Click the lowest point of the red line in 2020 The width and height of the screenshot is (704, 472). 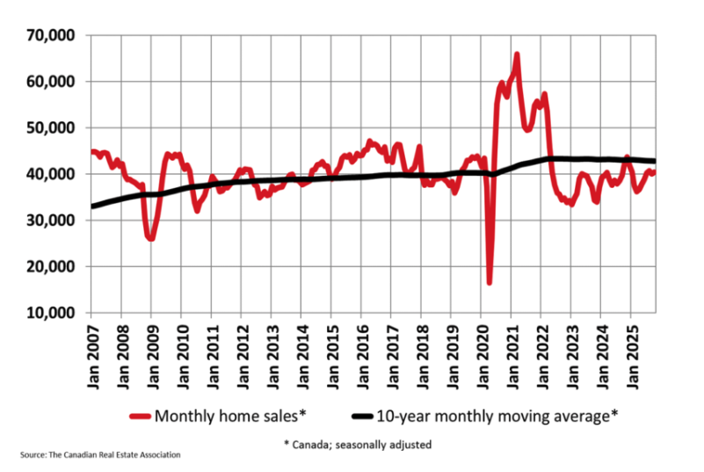490,282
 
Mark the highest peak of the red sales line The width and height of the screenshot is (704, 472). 517,54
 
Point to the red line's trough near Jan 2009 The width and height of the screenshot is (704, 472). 151,238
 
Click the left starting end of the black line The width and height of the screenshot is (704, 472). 91,207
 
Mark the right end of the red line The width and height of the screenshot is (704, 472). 654,171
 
